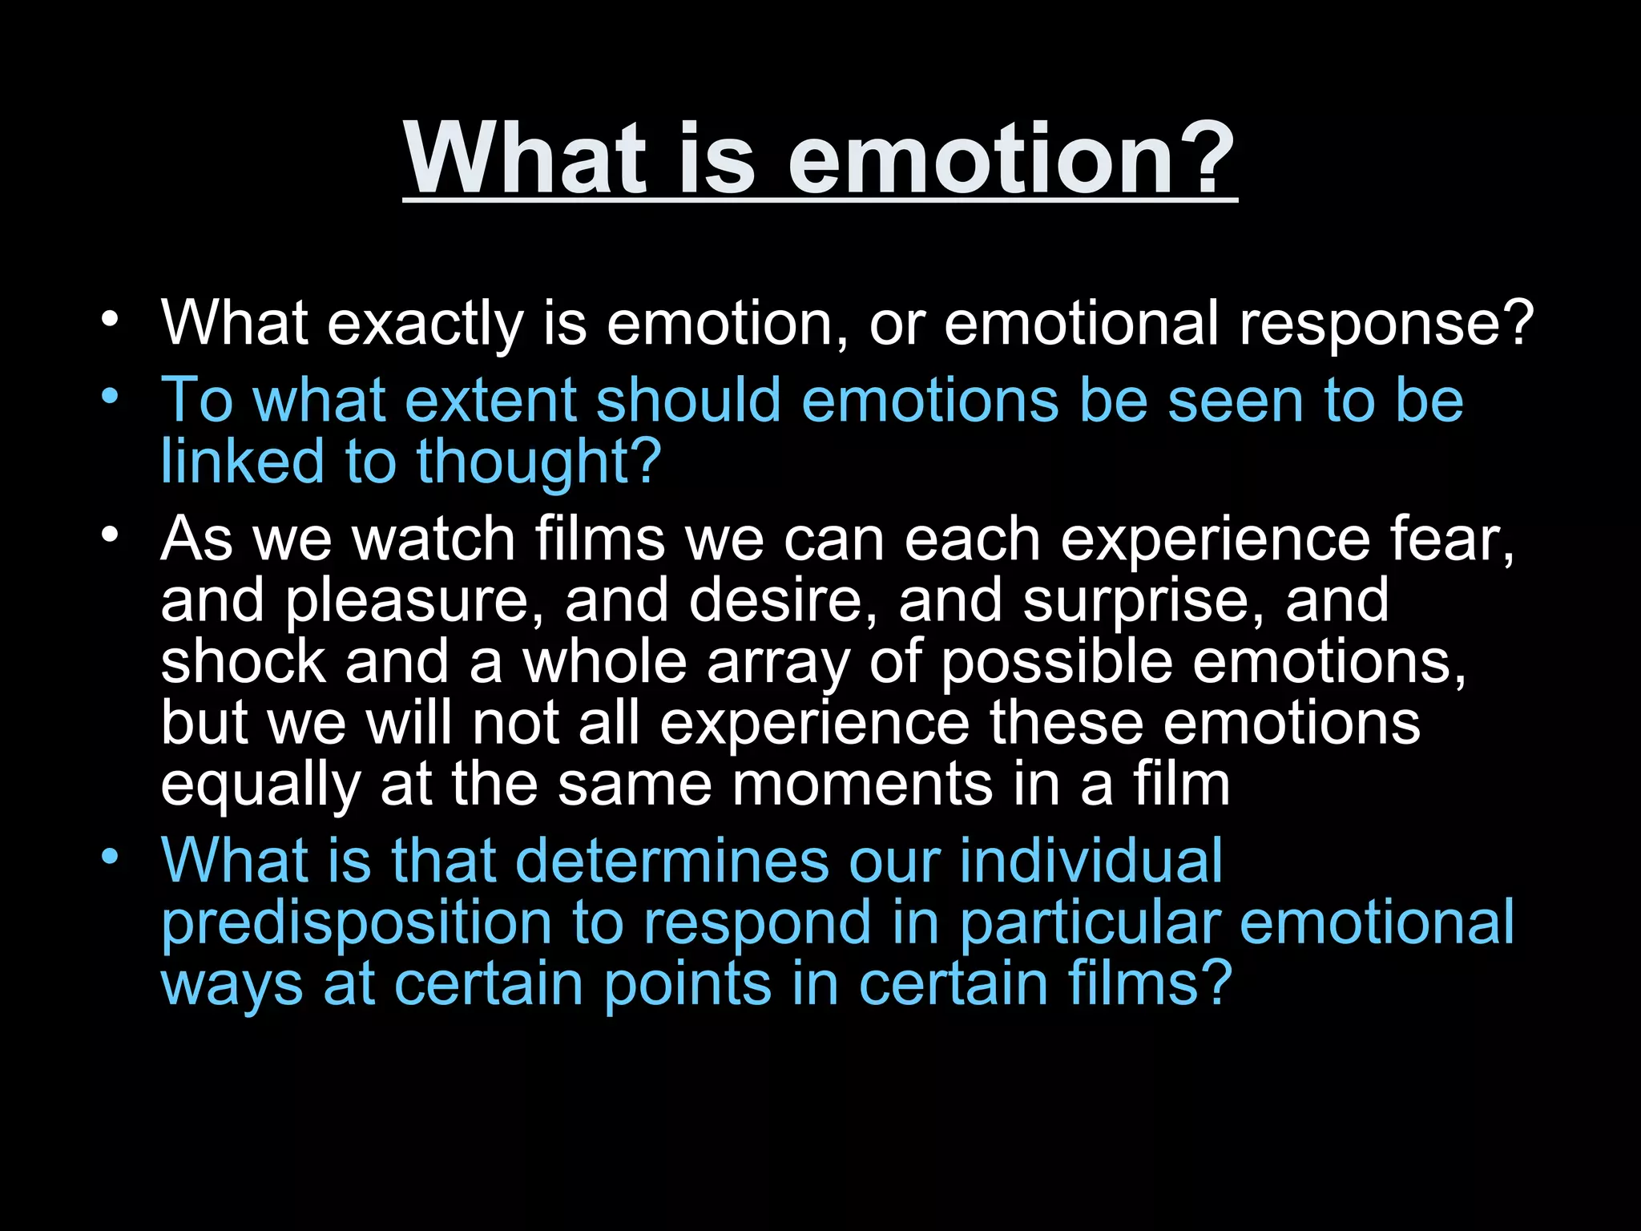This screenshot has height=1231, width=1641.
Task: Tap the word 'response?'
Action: [x=1386, y=325]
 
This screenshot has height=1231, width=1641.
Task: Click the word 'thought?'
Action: [x=538, y=462]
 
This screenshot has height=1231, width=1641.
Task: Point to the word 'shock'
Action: [x=243, y=662]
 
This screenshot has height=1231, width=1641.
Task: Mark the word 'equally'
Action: [x=260, y=785]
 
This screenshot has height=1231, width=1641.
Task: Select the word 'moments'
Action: [x=861, y=785]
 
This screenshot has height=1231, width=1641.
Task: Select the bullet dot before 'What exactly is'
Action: [x=110, y=319]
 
